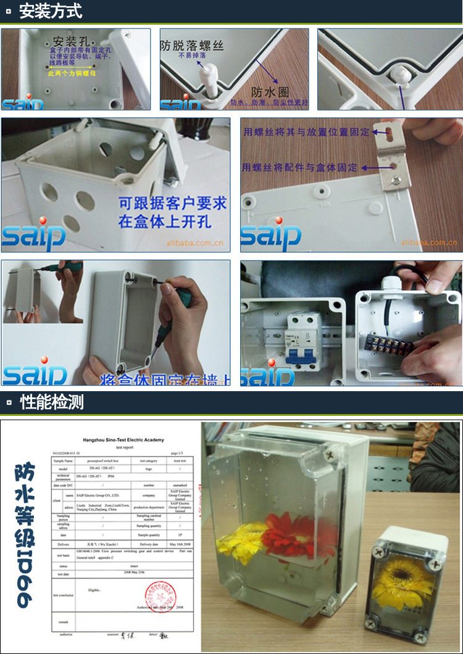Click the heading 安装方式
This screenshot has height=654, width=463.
[51, 11]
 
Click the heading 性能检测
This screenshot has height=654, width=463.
[52, 403]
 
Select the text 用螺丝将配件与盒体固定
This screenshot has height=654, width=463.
[300, 167]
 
